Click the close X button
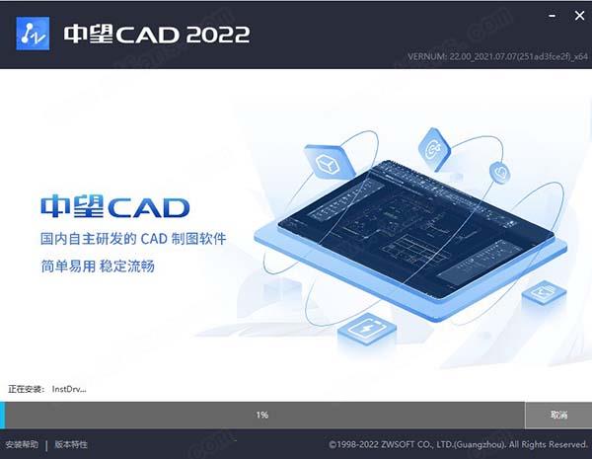pos(579,16)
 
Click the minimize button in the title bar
pos(552,16)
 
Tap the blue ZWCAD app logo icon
pos(33,34)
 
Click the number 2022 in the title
pos(218,35)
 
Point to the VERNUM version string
pos(497,56)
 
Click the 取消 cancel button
pos(558,415)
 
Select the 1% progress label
pos(262,415)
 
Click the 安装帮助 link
pos(22,444)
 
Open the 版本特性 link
pos(71,444)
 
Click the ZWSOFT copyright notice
pos(458,444)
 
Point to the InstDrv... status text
pos(69,389)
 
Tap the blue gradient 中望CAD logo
pos(114,206)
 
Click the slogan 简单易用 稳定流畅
pos(98,267)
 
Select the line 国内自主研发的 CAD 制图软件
pos(133,239)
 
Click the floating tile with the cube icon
pos(329,161)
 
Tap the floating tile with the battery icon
pos(366,330)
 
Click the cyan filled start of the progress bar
pos(2,415)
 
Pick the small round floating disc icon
pos(500,173)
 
